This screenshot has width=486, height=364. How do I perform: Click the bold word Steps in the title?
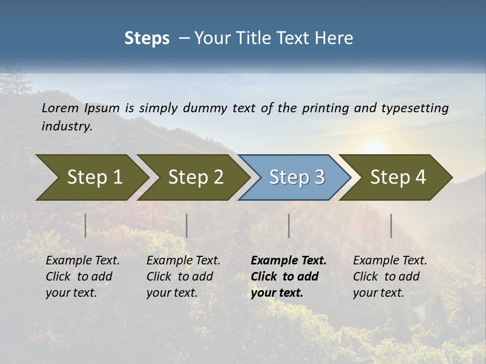[147, 38]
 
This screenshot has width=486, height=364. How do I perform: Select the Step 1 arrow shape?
[91, 177]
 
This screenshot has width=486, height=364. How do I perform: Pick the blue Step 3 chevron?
[297, 177]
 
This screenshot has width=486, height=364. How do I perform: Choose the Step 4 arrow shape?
[398, 177]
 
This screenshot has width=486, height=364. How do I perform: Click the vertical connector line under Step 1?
[86, 225]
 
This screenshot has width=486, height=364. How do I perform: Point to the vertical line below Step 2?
[187, 225]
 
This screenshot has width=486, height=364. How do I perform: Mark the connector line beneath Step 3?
[289, 225]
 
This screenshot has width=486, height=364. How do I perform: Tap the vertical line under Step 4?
[391, 225]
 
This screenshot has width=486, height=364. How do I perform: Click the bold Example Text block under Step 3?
[289, 277]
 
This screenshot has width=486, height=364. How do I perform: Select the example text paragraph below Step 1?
[83, 277]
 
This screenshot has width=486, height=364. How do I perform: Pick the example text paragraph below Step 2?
[183, 277]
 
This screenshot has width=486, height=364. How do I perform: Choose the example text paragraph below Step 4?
[390, 277]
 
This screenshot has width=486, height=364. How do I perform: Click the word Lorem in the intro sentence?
[60, 108]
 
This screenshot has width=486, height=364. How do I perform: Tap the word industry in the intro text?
[67, 126]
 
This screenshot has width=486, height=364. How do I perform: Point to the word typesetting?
[415, 108]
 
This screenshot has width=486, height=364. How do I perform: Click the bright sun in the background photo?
[374, 147]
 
